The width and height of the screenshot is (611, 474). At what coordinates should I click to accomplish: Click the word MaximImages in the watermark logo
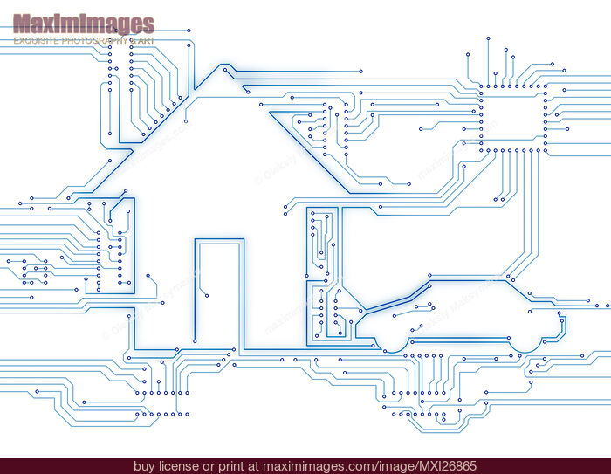point(83,24)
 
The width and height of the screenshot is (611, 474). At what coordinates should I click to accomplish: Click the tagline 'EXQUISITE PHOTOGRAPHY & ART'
point(83,41)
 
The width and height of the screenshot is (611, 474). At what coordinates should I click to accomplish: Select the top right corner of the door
point(239,244)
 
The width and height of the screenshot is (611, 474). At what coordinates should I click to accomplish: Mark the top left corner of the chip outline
point(479,86)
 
